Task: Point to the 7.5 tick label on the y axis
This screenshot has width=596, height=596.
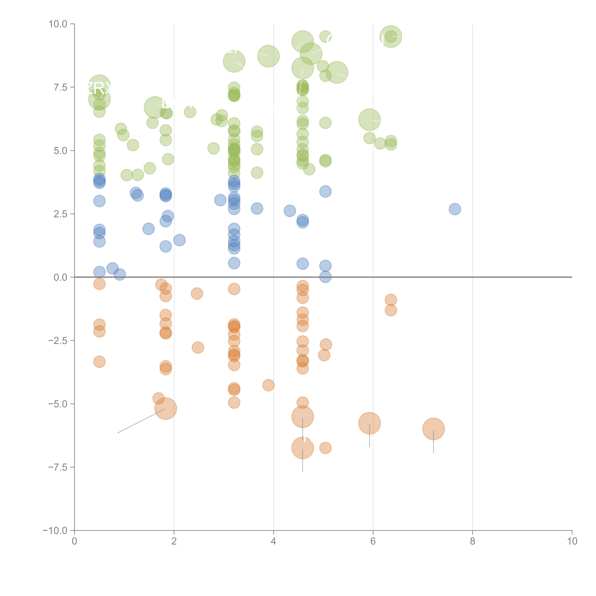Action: click(60, 87)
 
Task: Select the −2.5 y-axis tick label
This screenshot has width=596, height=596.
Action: click(58, 341)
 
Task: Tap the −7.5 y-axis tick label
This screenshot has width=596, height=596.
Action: click(58, 467)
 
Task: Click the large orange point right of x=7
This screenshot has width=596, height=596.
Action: click(433, 429)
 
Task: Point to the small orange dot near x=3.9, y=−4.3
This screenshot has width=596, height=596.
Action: click(268, 385)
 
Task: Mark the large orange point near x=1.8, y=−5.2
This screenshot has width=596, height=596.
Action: click(166, 409)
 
